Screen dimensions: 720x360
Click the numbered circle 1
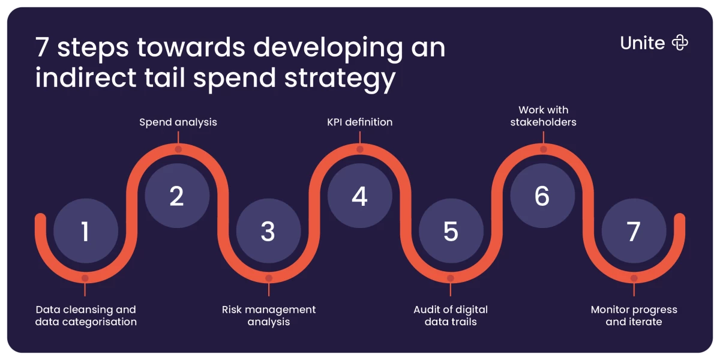pos(85,231)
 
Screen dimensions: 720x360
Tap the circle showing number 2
pos(177,196)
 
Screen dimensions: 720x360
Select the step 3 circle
pos(268,231)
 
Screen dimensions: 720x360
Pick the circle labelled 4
pos(359,196)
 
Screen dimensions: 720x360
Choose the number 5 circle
pos(451,231)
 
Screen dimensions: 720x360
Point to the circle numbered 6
pos(542,196)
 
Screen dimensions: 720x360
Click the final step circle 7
pos(634,231)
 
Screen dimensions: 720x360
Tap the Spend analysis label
pos(178,122)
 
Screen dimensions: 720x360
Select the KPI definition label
pos(359,122)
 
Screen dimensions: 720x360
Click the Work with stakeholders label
pos(543,116)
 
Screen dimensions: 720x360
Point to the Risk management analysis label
pos(269,316)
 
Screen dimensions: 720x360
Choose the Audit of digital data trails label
pos(451,316)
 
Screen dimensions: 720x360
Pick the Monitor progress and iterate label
pos(634,316)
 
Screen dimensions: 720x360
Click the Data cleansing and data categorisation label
pos(86,316)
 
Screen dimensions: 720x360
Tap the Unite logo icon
pos(680,43)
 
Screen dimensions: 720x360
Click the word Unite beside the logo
pos(642,43)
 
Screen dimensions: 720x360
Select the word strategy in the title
pos(340,79)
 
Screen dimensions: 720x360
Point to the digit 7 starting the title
pos(42,47)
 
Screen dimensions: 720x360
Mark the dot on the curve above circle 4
pos(360,149)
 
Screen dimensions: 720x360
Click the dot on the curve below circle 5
pos(451,278)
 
